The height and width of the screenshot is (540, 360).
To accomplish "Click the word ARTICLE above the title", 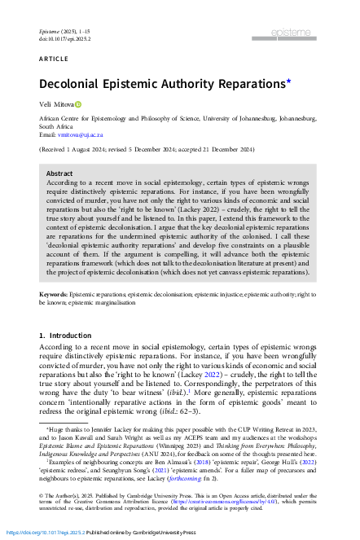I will [x=53, y=59].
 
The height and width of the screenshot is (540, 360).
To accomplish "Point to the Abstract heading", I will [x=59, y=173].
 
